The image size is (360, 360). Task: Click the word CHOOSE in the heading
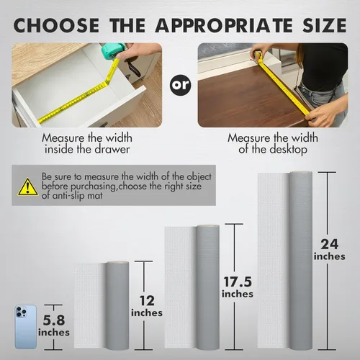pyautogui.click(x=56, y=25)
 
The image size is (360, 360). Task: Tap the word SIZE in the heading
pyautogui.click(x=324, y=25)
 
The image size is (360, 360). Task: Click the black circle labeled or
pyautogui.click(x=181, y=85)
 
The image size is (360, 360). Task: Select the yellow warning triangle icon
pyautogui.click(x=28, y=186)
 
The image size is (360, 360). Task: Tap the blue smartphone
pyautogui.click(x=26, y=327)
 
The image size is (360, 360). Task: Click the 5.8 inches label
pyautogui.click(x=54, y=326)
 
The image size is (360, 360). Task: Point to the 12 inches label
pyautogui.click(x=147, y=306)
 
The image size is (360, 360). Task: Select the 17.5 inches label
pyautogui.click(x=238, y=287)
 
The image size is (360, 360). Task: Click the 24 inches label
pyautogui.click(x=330, y=250)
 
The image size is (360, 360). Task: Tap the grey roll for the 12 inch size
pyautogui.click(x=117, y=305)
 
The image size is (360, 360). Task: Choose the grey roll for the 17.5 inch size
pyautogui.click(x=208, y=287)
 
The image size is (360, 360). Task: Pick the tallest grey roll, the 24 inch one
pyautogui.click(x=301, y=261)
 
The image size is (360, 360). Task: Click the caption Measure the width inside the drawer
pyautogui.click(x=87, y=143)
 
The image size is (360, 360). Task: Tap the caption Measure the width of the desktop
pyautogui.click(x=273, y=143)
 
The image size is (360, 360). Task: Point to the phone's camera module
pyautogui.click(x=21, y=312)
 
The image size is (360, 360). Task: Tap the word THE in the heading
pyautogui.click(x=127, y=25)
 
